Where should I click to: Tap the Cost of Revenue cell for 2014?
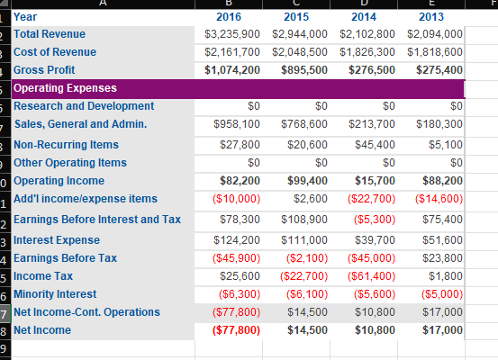[372, 52]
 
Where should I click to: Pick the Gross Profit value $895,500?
[303, 70]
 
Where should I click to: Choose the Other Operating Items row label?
[70, 163]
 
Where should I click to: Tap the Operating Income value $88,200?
[442, 181]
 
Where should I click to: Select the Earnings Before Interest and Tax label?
[97, 220]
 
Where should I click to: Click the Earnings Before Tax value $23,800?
[446, 258]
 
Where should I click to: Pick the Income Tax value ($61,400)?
[373, 276]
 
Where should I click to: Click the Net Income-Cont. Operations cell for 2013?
[446, 312]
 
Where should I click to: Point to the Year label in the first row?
[26, 16]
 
